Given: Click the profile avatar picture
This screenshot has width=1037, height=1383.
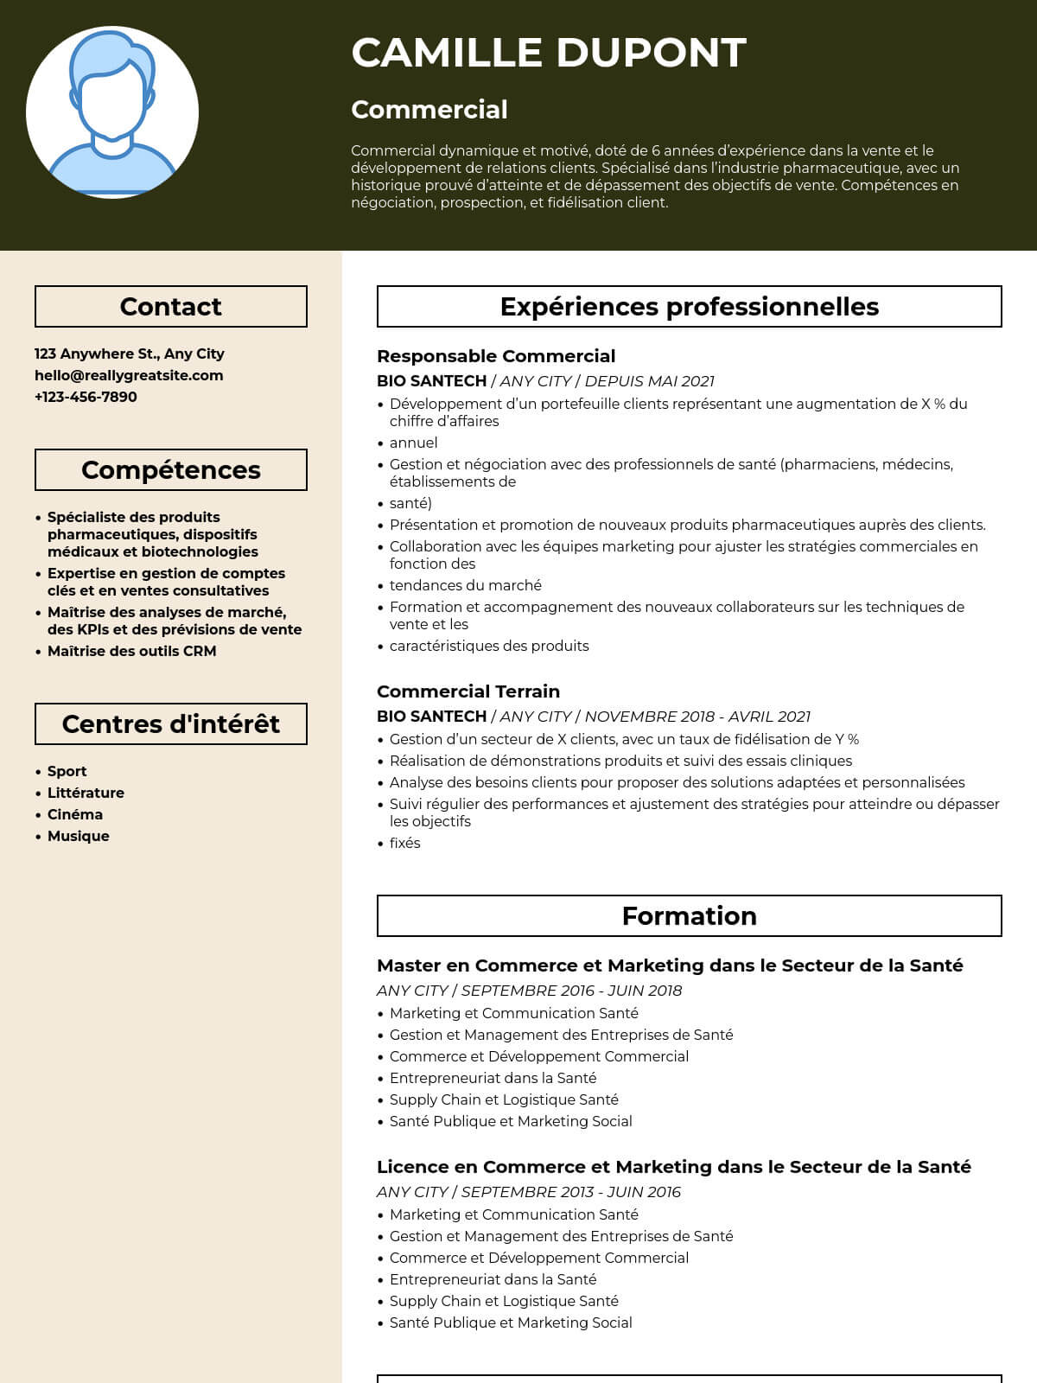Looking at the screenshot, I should point(112,112).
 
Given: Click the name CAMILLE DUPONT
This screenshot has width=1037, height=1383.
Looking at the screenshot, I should point(549,53).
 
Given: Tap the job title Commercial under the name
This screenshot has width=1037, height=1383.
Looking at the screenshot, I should point(429,110).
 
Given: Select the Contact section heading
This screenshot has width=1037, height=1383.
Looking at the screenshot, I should point(171,307).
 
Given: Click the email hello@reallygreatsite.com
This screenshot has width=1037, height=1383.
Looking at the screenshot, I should point(129,375).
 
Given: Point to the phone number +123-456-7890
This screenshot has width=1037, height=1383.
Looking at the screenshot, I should point(86,397).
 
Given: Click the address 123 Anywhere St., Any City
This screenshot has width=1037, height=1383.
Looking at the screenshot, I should point(130,354).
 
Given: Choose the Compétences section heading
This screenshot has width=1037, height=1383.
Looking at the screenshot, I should point(171,470).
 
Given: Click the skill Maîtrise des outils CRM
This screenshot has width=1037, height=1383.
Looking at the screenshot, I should point(131,651).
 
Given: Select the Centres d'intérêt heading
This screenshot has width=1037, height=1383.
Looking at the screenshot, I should point(171,724).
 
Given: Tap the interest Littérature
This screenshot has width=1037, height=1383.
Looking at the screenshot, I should point(86,793).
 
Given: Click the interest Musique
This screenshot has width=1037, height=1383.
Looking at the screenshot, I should point(78,836).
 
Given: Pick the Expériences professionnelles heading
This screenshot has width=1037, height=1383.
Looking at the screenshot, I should point(690,307).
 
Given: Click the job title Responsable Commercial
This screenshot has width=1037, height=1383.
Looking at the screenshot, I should point(496,356).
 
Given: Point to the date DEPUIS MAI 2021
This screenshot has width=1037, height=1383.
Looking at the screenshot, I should point(650,381).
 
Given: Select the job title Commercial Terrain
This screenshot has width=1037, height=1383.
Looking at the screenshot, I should point(468,691).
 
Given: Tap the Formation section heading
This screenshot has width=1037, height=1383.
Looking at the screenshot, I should point(690,916).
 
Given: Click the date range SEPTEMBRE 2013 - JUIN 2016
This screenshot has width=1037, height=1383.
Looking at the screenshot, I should point(571,1192).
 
